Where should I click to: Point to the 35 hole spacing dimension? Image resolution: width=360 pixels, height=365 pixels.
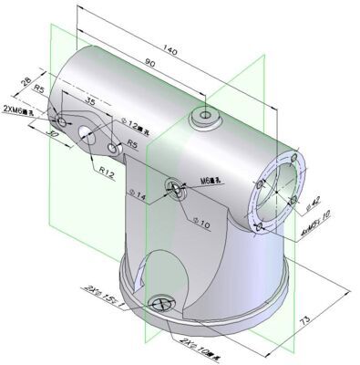[x=90, y=101]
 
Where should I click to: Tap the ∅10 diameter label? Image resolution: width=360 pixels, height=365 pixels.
[x=202, y=223]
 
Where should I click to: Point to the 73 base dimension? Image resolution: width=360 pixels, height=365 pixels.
[x=330, y=319]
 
